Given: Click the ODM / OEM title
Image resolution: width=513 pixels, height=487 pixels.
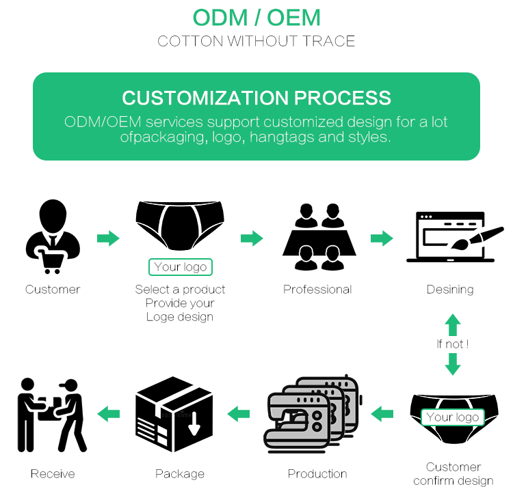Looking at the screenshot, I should pyautogui.click(x=256, y=17).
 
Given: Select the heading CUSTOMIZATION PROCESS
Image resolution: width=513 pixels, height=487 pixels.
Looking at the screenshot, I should pyautogui.click(x=256, y=97).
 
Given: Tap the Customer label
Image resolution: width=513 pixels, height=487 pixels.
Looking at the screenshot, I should pyautogui.click(x=53, y=290).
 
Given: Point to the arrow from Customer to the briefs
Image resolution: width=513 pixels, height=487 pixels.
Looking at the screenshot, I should pyautogui.click(x=108, y=238).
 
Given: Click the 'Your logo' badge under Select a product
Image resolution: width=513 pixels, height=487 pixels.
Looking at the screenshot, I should pyautogui.click(x=181, y=267).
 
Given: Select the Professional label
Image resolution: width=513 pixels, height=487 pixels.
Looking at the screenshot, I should pyautogui.click(x=317, y=290).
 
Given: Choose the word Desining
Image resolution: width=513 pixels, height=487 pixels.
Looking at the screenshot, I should pyautogui.click(x=450, y=290).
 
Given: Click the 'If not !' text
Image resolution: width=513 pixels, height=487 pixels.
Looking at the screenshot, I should pyautogui.click(x=453, y=344).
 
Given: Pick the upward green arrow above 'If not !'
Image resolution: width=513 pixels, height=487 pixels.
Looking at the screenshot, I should pyautogui.click(x=453, y=324).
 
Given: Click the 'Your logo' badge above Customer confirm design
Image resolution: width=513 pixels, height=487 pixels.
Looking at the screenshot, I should pyautogui.click(x=453, y=417).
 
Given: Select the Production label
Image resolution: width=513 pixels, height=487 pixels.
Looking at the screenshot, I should pyautogui.click(x=317, y=474).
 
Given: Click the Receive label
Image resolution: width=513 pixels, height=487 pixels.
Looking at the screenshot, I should pyautogui.click(x=53, y=474).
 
